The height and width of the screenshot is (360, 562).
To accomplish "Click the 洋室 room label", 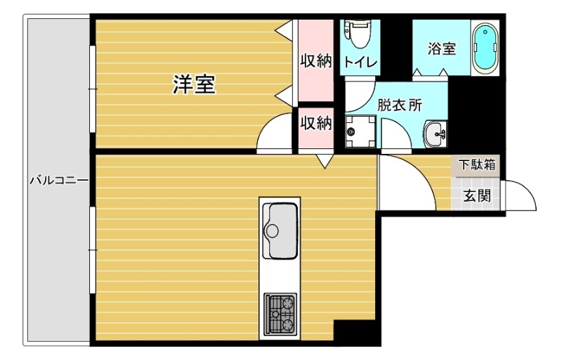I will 194,86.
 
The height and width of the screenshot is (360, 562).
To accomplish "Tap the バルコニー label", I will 58,181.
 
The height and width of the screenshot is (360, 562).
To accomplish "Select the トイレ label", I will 360,62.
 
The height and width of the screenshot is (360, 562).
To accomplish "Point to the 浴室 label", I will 442,49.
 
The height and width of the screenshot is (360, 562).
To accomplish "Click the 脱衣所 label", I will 399,105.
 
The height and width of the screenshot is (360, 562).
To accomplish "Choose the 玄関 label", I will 476,196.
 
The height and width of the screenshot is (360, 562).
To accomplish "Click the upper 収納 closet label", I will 315,61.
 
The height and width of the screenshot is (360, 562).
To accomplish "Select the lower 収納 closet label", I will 315,124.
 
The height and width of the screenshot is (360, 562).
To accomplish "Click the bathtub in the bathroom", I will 485,48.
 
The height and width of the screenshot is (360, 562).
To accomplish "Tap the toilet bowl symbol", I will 360,32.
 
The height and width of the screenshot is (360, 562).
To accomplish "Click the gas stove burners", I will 281,314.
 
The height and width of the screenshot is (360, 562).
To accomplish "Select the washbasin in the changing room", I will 436,131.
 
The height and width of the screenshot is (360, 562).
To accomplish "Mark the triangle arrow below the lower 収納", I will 325,162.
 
